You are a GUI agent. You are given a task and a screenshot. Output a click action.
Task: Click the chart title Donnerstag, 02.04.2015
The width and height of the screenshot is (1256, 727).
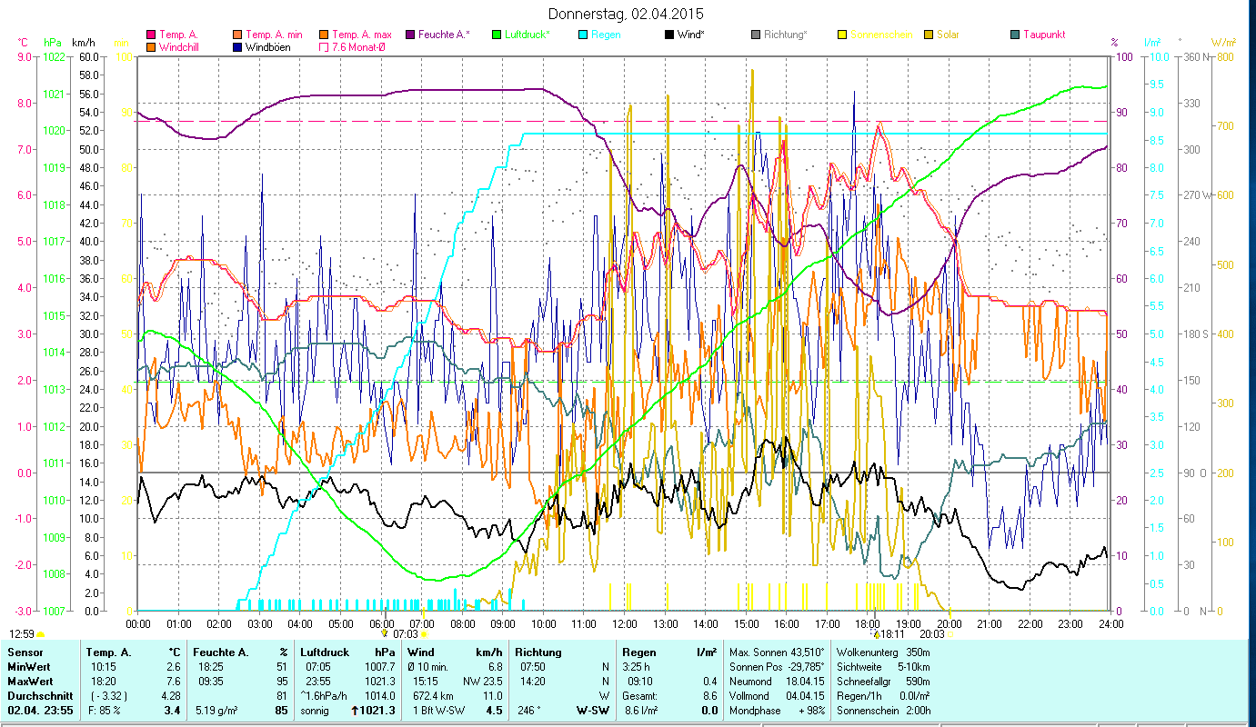click(x=627, y=15)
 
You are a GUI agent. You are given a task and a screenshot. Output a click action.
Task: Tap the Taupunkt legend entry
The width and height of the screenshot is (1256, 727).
click(x=1043, y=35)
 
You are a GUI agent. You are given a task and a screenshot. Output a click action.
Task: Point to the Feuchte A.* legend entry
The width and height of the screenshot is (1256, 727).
click(x=443, y=35)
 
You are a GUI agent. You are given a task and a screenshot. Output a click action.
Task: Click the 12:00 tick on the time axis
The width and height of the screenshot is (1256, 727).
click(x=625, y=624)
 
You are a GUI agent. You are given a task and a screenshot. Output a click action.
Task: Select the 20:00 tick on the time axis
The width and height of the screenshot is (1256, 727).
click(x=949, y=624)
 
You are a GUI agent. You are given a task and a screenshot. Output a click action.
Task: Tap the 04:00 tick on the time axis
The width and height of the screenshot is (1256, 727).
click(x=300, y=624)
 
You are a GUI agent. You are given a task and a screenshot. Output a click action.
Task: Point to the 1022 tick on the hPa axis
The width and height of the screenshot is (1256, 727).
click(x=53, y=56)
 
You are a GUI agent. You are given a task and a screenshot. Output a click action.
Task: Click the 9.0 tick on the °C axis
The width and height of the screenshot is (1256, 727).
click(x=25, y=56)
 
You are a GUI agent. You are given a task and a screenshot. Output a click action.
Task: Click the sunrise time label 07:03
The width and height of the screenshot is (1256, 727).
click(x=405, y=634)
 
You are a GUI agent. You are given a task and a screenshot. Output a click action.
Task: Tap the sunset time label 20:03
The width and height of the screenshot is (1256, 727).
click(x=932, y=634)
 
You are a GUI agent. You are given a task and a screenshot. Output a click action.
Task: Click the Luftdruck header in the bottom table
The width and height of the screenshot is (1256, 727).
click(x=325, y=652)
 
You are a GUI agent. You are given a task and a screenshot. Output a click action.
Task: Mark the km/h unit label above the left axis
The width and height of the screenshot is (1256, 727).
click(x=83, y=43)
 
